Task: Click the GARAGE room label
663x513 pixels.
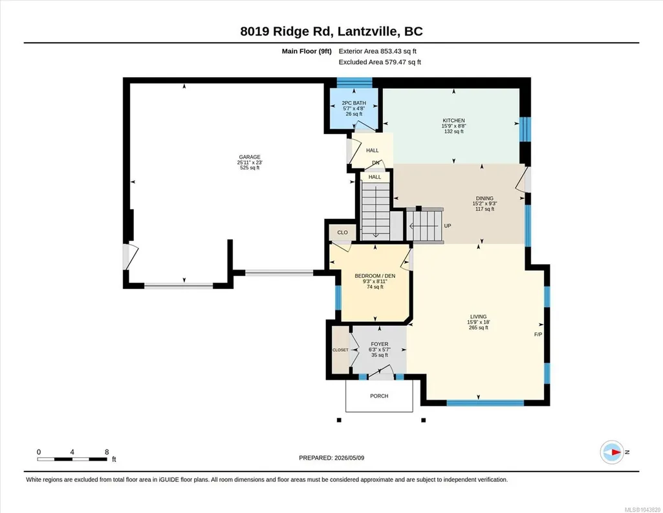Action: pos(250,157)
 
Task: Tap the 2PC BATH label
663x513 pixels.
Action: pos(354,103)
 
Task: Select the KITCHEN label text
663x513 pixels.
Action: pos(453,120)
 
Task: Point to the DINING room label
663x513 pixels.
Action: pos(484,198)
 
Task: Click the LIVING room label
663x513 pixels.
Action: pos(478,317)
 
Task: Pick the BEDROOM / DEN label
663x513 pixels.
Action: pos(375,276)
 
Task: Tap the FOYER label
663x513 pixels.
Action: pos(379,344)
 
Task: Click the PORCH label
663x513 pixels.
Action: pos(379,396)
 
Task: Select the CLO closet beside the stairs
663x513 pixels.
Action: pos(342,233)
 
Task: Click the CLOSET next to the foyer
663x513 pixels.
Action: pos(340,350)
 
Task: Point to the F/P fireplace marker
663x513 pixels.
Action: pos(538,334)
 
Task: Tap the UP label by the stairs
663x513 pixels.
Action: pos(448,225)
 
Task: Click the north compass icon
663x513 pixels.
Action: pos(612,452)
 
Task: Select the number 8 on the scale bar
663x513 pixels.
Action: pos(107,452)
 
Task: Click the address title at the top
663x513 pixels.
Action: pos(331,31)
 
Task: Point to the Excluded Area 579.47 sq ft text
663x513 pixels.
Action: pos(380,62)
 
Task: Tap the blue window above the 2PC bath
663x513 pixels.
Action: pos(354,82)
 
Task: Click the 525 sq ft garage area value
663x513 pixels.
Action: pos(250,168)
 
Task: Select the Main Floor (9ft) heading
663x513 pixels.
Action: pos(307,51)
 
